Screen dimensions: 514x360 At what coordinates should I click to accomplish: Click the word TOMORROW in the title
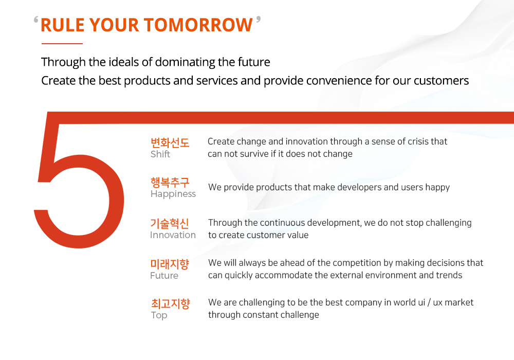(198, 25)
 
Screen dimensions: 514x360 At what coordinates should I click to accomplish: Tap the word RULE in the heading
(63, 25)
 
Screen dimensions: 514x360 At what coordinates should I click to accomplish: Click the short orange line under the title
(62, 43)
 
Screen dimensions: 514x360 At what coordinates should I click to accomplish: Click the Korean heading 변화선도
(170, 142)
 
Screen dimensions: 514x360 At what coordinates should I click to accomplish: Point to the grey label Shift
(160, 154)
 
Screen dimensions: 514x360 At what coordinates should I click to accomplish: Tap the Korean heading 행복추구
(170, 182)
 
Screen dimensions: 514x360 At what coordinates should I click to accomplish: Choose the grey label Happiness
(173, 194)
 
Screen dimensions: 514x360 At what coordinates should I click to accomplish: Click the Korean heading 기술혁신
(170, 223)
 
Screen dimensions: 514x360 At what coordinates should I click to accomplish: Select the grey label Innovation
(173, 235)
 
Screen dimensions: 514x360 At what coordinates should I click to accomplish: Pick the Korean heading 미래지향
(170, 264)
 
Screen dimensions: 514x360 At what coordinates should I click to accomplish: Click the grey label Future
(164, 276)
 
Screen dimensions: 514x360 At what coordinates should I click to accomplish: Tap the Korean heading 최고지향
(171, 303)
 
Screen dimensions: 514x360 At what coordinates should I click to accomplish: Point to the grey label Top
(159, 315)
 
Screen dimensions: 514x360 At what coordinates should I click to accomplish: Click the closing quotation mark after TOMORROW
(259, 20)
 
